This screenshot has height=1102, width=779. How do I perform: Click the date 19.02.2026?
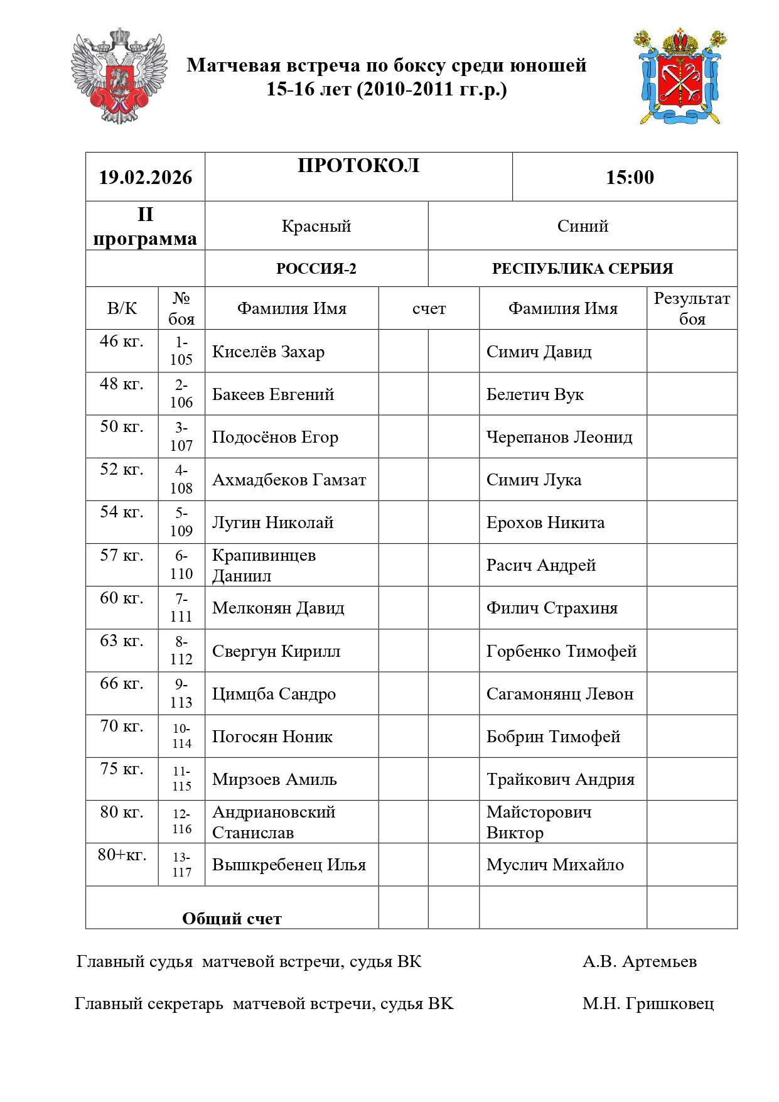point(145,178)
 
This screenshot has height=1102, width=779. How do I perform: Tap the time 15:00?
point(630,178)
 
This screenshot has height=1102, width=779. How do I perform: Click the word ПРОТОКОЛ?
point(358,166)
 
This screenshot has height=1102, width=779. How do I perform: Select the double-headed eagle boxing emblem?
point(119,75)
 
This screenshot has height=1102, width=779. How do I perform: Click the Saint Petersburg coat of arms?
point(680,76)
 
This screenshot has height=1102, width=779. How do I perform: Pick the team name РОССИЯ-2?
point(316,269)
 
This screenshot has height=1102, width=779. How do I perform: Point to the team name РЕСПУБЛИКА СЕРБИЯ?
point(582,269)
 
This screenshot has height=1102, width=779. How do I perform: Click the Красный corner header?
point(316,226)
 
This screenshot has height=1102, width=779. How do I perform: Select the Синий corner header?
point(582,226)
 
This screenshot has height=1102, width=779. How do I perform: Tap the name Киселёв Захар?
point(268,352)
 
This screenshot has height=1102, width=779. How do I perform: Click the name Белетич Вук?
point(535,394)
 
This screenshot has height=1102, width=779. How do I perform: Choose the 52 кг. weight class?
point(122,470)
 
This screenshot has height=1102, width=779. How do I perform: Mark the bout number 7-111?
point(181,608)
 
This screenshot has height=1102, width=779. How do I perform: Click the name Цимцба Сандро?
point(274,694)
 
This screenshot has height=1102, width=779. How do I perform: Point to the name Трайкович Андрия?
point(560,779)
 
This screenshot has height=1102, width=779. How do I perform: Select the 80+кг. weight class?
point(122,855)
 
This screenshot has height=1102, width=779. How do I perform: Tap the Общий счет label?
point(232,919)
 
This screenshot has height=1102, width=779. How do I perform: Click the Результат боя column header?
point(692,308)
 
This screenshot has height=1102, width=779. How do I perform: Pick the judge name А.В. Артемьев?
point(639,961)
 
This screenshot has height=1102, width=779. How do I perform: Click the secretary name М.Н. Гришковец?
point(648,1003)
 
